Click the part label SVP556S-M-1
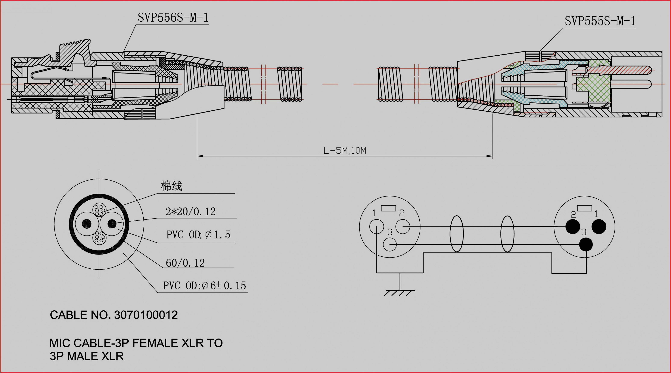(x=173, y=18)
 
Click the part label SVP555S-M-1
(x=600, y=21)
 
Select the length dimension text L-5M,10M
(x=345, y=151)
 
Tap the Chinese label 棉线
(x=171, y=186)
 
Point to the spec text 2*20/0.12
(x=191, y=211)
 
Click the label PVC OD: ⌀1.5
(x=198, y=235)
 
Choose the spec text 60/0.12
(x=185, y=263)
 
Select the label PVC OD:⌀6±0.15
(x=205, y=286)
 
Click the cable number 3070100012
(x=146, y=315)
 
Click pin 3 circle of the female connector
(x=390, y=244)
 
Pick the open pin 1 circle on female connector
(x=376, y=226)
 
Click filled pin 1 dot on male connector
(x=599, y=226)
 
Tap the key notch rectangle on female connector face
(x=388, y=208)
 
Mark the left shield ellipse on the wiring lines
(x=457, y=234)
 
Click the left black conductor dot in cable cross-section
(x=87, y=223)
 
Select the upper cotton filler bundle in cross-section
(x=99, y=210)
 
